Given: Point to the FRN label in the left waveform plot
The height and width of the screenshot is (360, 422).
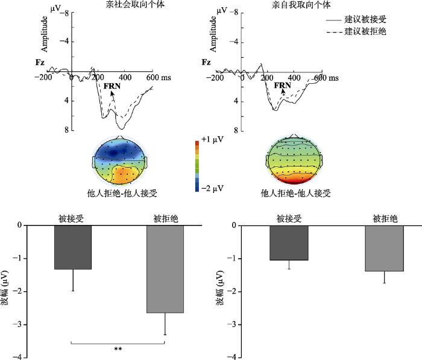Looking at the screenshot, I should pyautogui.click(x=112, y=86).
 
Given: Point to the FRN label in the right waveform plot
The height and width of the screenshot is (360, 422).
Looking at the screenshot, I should pyautogui.click(x=282, y=85).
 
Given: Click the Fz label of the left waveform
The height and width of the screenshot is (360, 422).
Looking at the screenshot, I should pyautogui.click(x=40, y=62).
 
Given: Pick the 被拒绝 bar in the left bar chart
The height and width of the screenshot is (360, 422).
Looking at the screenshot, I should pyautogui.click(x=165, y=269).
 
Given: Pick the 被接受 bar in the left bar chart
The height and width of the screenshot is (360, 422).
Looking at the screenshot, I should pyautogui.click(x=73, y=247).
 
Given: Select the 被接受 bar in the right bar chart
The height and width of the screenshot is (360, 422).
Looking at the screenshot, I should pyautogui.click(x=289, y=243).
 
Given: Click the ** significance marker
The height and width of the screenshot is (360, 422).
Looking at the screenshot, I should pyautogui.click(x=118, y=349).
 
